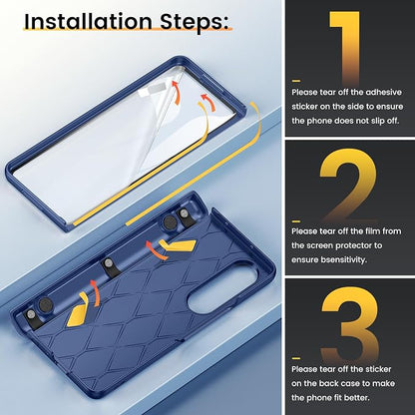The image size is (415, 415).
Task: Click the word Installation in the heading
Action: point(88,22)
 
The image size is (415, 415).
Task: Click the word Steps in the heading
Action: point(195,22)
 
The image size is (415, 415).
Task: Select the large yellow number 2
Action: point(348,186)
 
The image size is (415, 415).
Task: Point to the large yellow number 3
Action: point(350,323)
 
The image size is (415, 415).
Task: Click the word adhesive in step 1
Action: point(383,93)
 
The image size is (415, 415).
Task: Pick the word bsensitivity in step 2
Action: point(328,259)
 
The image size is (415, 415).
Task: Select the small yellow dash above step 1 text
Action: point(296,81)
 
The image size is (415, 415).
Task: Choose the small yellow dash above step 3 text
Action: point(296,358)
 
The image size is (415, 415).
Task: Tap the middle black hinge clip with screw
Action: point(108,266)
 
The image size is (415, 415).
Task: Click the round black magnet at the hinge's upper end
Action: point(170,221)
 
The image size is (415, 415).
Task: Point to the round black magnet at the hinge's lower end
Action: point(45,304)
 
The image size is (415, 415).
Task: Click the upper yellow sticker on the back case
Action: point(178,246)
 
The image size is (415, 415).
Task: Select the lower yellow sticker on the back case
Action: point(78,310)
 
